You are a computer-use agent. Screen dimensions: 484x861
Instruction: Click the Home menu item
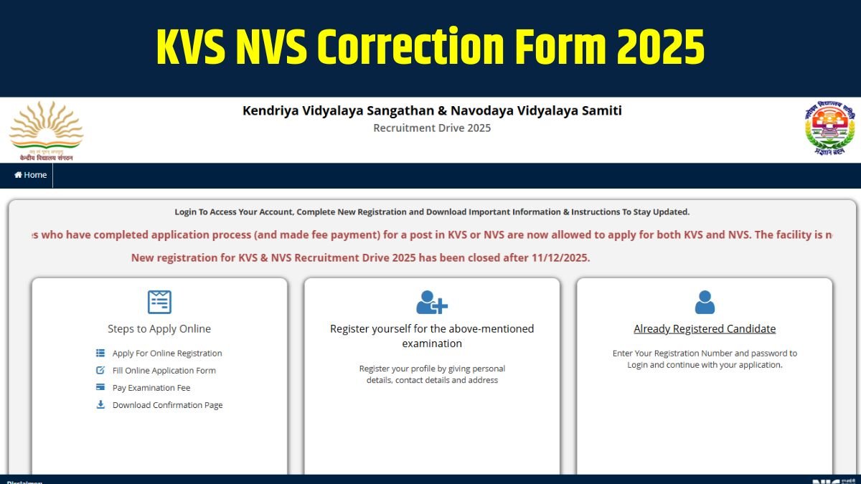[31, 175]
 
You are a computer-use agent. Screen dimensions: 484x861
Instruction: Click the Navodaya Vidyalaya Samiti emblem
[829, 129]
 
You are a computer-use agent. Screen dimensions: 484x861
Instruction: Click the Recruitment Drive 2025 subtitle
[432, 128]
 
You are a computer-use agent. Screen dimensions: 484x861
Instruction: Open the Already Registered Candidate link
[705, 329]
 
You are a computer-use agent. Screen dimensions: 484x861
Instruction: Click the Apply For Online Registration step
[167, 353]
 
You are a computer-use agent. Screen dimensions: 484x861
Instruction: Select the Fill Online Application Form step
[164, 371]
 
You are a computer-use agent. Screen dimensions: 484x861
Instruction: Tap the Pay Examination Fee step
[151, 388]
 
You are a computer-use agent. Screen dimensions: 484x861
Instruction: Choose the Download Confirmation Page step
[167, 405]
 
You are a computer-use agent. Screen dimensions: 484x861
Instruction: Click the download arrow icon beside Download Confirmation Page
[100, 404]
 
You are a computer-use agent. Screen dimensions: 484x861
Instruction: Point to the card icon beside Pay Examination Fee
[100, 387]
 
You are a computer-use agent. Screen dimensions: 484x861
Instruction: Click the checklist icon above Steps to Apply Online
[159, 302]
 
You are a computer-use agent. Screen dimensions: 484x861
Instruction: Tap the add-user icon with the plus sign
[432, 302]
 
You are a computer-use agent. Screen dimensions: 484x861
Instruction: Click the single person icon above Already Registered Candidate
[705, 302]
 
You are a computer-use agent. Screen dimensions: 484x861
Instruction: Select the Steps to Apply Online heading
[159, 329]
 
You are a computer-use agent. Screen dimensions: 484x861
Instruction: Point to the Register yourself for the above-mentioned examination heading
[432, 336]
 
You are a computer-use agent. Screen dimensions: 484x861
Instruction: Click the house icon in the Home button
[18, 175]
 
